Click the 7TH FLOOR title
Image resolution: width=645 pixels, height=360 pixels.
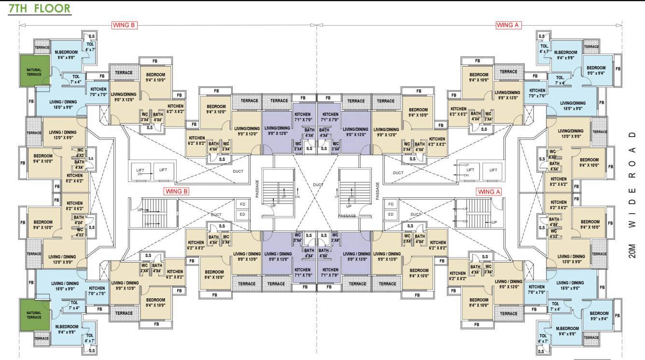pos(39,9)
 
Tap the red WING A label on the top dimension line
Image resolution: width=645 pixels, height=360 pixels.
pos(508,25)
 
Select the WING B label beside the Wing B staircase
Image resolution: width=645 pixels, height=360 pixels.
pos(176,191)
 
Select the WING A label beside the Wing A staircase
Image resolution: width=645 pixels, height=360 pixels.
pos(489,191)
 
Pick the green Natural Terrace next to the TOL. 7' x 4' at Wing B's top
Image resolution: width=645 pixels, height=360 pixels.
pos(34,72)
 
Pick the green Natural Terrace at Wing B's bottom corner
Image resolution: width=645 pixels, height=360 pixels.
pos(34,315)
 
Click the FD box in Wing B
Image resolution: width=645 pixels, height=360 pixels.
pos(242,204)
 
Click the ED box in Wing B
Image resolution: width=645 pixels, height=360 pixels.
pos(242,214)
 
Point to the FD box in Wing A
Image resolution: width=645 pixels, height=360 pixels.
pos(391,204)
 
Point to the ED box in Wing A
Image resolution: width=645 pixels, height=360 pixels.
pos(391,214)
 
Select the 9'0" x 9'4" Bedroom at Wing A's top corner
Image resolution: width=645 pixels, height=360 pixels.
pos(596,70)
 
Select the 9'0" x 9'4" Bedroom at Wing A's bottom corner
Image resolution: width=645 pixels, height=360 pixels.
pos(599,316)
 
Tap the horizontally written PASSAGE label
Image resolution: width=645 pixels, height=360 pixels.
pos(347,216)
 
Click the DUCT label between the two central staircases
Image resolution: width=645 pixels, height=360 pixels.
pos(317,185)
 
